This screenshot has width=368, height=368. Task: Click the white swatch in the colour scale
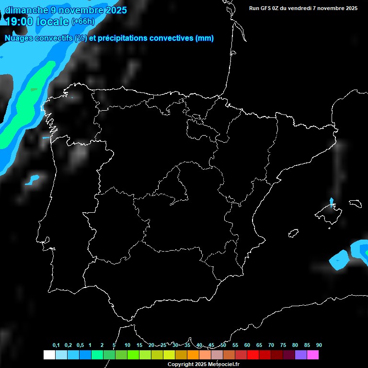[x=49, y=355]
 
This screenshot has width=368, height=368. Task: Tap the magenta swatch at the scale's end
[x=313, y=355]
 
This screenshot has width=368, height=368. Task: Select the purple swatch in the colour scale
[x=301, y=355]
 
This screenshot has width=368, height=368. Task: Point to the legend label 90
[x=319, y=345]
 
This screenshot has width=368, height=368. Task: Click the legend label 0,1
[x=56, y=345]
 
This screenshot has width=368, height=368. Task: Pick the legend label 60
[x=247, y=345]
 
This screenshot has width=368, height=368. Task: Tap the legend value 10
[x=127, y=345]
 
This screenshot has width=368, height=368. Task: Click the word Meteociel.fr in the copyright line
[x=223, y=364]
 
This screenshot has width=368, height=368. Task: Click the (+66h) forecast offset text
[x=83, y=22]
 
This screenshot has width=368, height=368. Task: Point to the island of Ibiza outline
[x=293, y=233]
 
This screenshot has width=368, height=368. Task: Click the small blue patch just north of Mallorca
[x=332, y=201]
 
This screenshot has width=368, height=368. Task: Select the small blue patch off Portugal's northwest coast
[x=33, y=180]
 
